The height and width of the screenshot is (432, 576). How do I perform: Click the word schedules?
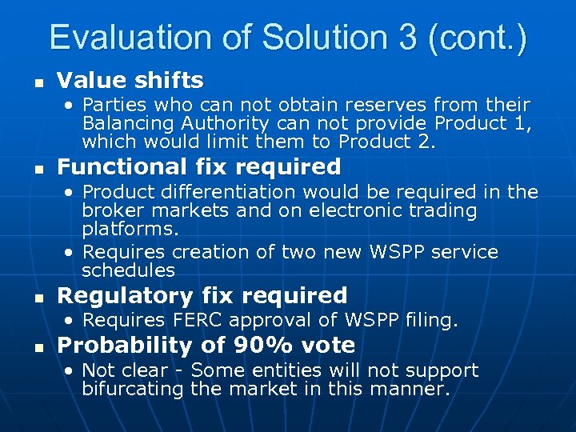click(128, 270)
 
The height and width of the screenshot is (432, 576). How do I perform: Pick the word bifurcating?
click(131, 390)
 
